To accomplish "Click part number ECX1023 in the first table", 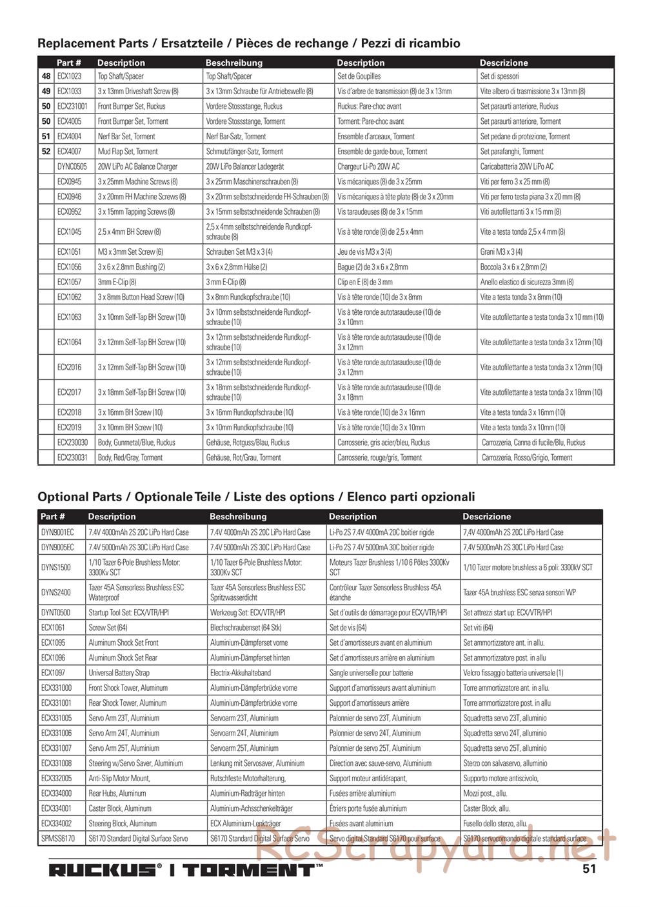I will point(69,76).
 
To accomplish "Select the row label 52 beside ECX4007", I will point(46,152).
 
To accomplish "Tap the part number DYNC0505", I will point(72,166).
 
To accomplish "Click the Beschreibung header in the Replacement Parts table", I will point(234,63).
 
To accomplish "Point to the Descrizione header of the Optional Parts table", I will point(486,517).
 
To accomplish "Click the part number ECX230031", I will point(72,457).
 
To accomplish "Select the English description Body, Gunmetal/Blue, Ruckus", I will point(136,443).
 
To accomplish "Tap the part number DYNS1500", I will point(56,567).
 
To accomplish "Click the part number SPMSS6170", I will point(58,839).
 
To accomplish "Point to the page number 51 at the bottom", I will point(589,868).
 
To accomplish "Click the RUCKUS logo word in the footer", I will point(103,870).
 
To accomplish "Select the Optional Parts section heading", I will point(256,497).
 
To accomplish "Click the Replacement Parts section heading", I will point(248,43).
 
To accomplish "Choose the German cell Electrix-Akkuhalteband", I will point(241,673).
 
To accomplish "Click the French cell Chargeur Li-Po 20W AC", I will point(368,166).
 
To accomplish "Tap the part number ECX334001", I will point(56,808).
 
